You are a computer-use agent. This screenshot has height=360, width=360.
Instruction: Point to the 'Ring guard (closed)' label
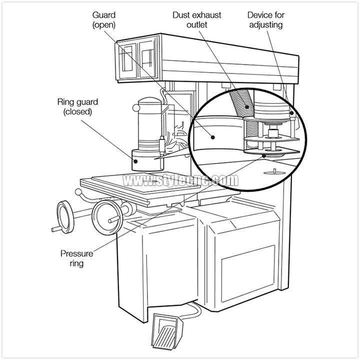tap(77, 107)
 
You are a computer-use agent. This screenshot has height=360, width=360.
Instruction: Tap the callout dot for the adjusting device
tap(291, 113)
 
